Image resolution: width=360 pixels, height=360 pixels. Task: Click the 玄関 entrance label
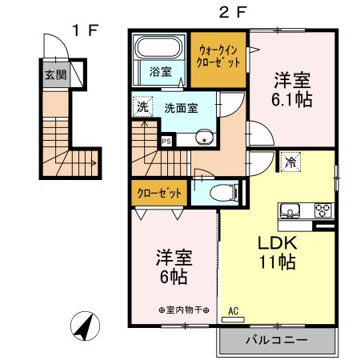point(55,76)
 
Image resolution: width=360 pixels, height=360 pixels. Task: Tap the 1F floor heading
point(85,32)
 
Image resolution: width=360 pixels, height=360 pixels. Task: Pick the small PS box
point(166,142)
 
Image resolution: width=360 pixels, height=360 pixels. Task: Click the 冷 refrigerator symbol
point(290,161)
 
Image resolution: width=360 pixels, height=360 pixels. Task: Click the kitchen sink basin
point(290,211)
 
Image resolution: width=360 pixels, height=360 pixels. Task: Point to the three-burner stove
point(322,210)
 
